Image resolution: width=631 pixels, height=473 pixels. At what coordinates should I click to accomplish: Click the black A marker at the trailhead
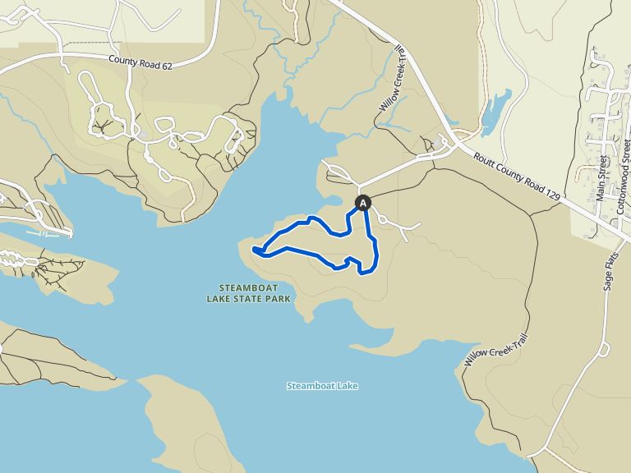[x=363, y=202]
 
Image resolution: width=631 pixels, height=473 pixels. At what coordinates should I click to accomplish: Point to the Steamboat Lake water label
[x=322, y=386]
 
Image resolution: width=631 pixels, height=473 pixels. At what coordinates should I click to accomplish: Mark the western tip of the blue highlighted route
[x=255, y=249]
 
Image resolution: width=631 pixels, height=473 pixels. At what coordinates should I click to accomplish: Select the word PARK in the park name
[x=280, y=299]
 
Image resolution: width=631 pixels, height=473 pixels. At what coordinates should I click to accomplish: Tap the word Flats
[x=610, y=262]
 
